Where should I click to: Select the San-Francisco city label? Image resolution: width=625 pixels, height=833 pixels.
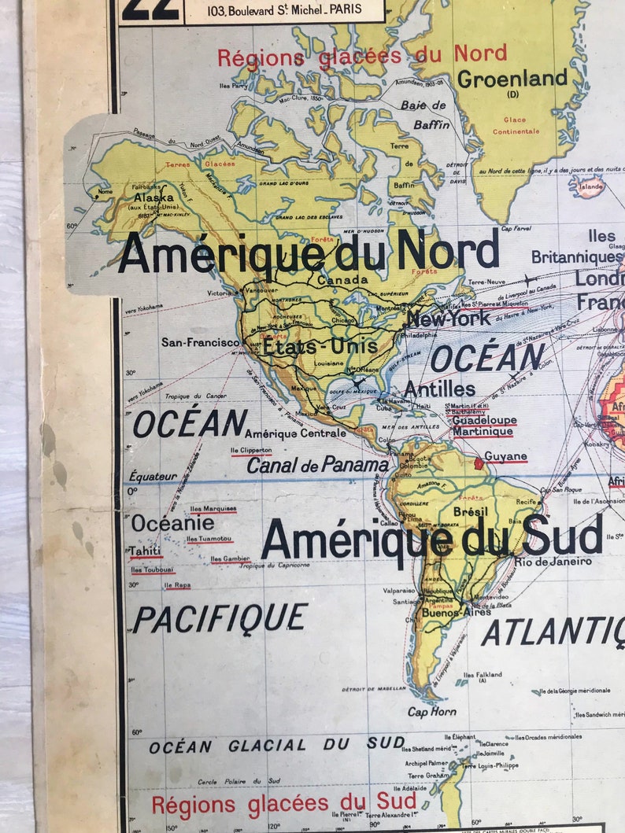200,343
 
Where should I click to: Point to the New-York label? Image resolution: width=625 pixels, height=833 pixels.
448,319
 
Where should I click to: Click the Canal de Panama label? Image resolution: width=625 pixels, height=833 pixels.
317,465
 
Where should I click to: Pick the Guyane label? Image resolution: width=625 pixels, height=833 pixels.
505,456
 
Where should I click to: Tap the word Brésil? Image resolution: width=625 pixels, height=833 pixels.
471,511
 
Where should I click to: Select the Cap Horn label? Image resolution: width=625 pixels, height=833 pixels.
431,712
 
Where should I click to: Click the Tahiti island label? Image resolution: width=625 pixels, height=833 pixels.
146,551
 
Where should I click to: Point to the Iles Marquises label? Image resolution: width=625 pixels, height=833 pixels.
213,509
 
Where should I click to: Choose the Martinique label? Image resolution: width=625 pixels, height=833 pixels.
483,432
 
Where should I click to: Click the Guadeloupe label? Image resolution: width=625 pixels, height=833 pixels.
484,420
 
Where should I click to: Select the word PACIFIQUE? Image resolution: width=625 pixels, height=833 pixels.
220,618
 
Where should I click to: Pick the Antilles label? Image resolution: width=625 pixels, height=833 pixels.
439,389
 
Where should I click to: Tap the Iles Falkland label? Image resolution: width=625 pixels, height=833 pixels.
483,675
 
